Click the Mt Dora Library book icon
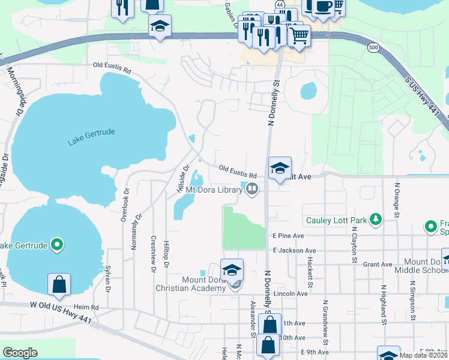[x=253, y=190]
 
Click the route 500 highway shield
[x=374, y=47]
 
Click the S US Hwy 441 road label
[x=427, y=99]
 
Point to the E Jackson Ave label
[x=294, y=250]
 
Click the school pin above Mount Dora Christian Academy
[x=232, y=270]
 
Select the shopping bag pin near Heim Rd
[x=59, y=285]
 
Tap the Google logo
[x=20, y=353]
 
